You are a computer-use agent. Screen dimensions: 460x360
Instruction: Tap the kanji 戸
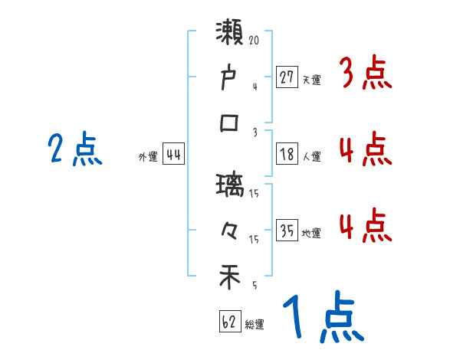tap(231, 78)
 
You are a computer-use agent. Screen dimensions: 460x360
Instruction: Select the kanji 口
tap(231, 123)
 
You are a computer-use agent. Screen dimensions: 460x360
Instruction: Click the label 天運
tap(311, 79)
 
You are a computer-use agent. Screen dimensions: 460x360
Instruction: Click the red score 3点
tap(366, 74)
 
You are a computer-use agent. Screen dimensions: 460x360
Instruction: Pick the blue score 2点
tap(75, 149)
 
